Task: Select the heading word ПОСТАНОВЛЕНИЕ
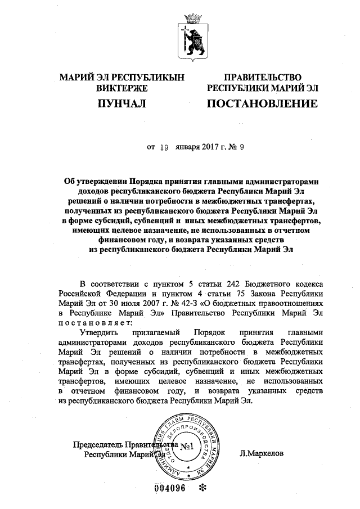pyautogui.click(x=262, y=103)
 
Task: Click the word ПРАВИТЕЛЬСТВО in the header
pyautogui.click(x=263, y=77)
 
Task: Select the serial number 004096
pyautogui.click(x=169, y=488)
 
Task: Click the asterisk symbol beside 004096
pyautogui.click(x=203, y=488)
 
